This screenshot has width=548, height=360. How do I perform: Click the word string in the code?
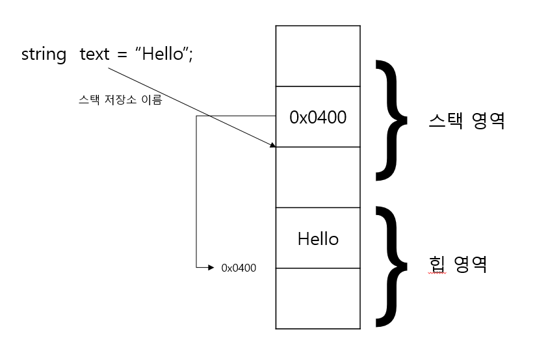[x=44, y=55]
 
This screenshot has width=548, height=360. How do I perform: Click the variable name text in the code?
[x=95, y=55]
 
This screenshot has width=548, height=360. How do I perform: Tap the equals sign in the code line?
[x=122, y=55]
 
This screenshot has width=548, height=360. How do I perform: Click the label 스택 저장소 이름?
[x=120, y=101]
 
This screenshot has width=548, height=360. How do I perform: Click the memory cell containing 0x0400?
[x=318, y=117]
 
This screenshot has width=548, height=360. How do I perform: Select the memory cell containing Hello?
[x=318, y=238]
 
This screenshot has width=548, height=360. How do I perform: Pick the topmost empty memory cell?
[x=318, y=56]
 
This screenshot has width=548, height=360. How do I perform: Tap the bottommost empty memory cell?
[x=318, y=298]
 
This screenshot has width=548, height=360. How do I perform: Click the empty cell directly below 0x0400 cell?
[x=318, y=177]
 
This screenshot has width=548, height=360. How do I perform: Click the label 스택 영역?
[x=467, y=121]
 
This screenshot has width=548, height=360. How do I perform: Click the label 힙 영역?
[x=458, y=264]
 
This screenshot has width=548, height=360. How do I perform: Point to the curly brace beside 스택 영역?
[x=391, y=120]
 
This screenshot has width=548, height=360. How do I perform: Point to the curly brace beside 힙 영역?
[x=391, y=265]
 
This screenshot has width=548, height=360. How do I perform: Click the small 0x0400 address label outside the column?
[x=239, y=268]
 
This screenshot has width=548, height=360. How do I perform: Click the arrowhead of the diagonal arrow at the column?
[x=272, y=146]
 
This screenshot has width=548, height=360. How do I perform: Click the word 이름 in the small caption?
[x=152, y=101]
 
